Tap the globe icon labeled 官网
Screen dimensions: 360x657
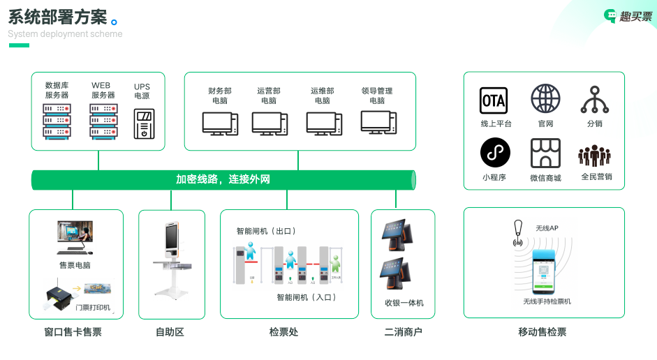coord(545,99)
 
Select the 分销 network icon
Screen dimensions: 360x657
coord(595,100)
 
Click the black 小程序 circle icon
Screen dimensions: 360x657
coord(495,152)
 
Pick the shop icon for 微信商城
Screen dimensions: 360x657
coord(545,153)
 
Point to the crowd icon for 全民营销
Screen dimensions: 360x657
coord(595,155)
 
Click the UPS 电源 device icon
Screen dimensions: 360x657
coord(144,123)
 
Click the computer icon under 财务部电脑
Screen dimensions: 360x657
coord(219,123)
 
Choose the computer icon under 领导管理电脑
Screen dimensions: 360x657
coord(378,122)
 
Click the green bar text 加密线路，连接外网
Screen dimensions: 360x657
coord(223,180)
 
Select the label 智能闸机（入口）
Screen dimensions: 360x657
coord(307,297)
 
